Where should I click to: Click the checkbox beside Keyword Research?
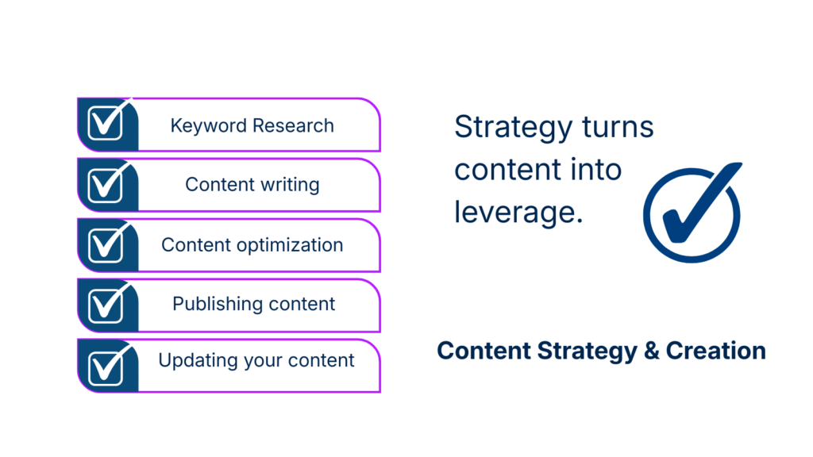[106, 123]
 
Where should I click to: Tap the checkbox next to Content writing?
[106, 185]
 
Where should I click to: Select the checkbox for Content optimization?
[106, 245]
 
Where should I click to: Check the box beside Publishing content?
[106, 305]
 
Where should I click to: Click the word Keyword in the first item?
[209, 126]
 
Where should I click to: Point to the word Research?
[294, 125]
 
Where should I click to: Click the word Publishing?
[218, 304]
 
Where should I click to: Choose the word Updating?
[198, 361]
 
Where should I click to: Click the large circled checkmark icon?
[692, 213]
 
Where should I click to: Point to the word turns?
[618, 128]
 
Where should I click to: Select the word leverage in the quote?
[518, 213]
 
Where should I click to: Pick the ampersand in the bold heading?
[651, 351]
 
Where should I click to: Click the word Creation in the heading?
[716, 351]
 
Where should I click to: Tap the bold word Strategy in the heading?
[588, 351]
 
